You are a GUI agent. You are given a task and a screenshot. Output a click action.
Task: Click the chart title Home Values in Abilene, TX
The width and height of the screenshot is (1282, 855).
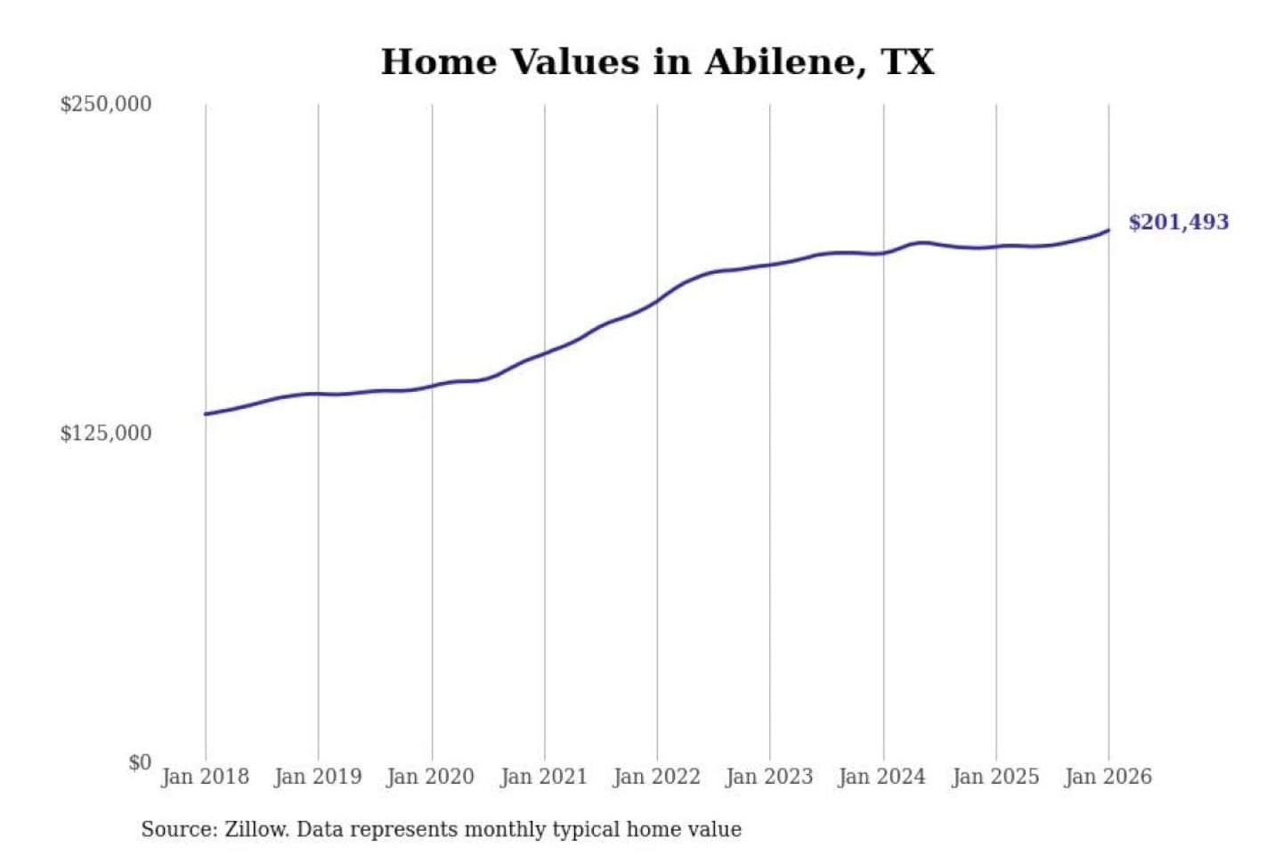click(x=657, y=62)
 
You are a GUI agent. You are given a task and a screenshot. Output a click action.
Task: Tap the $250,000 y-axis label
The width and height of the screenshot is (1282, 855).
click(x=106, y=104)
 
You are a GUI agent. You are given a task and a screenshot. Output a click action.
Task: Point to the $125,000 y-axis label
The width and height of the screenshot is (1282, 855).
click(x=106, y=434)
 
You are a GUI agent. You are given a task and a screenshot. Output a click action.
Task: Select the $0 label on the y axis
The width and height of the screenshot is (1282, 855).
click(x=140, y=762)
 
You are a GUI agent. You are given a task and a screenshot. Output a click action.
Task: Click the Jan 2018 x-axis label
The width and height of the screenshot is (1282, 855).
click(x=205, y=777)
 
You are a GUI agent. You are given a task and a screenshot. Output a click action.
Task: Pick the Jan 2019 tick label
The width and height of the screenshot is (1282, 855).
click(x=318, y=777)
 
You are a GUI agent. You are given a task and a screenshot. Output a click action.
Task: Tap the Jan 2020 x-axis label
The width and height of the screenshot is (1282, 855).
click(x=431, y=777)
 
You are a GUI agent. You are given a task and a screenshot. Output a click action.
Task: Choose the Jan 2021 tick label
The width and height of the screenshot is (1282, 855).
click(x=544, y=777)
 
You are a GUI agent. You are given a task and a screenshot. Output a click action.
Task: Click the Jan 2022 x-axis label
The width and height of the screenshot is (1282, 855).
click(x=657, y=777)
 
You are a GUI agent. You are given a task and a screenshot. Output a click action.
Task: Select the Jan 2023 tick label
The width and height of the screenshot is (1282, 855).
click(x=769, y=777)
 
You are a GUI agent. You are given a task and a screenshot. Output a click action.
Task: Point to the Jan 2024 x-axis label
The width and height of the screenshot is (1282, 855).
click(x=882, y=777)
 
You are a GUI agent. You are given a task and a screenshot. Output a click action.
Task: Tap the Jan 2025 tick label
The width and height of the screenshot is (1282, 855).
click(x=995, y=777)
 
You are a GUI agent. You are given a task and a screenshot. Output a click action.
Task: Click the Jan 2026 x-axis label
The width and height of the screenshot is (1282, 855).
click(x=1108, y=777)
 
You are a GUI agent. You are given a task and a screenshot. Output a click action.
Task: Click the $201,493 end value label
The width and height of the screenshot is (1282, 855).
click(x=1179, y=223)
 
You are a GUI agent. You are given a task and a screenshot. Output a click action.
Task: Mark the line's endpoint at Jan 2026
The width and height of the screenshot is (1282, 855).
click(x=1108, y=231)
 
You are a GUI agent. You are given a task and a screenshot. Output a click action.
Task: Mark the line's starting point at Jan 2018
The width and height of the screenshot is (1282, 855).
click(x=206, y=414)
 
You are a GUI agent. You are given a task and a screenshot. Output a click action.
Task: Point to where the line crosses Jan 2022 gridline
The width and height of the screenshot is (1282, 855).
click(x=657, y=301)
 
